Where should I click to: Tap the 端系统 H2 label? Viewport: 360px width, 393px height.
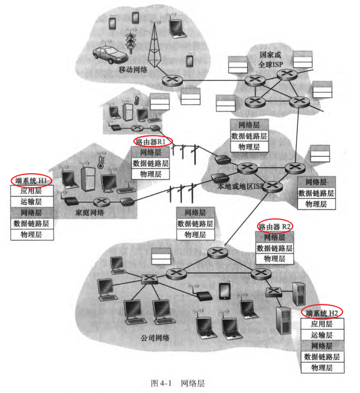coord(322,312)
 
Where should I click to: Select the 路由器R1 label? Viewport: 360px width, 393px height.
coord(154,141)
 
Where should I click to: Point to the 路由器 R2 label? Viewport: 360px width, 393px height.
coord(275,226)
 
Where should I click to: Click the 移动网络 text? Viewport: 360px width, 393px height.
coord(133,69)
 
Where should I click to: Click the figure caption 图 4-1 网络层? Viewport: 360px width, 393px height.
coord(178,382)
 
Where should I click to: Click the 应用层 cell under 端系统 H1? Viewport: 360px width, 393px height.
coord(32,191)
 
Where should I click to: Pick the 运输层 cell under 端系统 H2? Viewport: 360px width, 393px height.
coord(322,335)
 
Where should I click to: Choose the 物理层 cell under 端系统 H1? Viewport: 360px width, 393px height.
coord(32,235)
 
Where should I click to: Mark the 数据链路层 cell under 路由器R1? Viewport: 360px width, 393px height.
coord(151,164)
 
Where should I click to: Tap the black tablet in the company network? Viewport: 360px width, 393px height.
coord(225,291)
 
